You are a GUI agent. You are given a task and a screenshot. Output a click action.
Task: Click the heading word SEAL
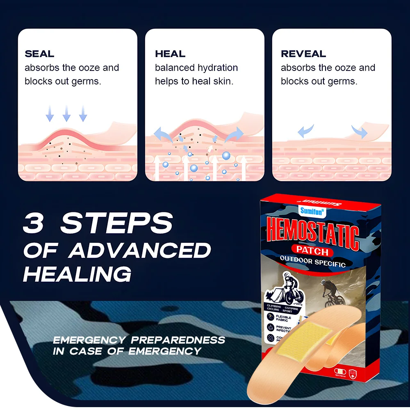pyautogui.click(x=39, y=54)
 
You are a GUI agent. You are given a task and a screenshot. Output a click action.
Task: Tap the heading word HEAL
pyautogui.click(x=170, y=54)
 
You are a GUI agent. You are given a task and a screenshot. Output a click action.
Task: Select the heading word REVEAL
pyautogui.click(x=303, y=54)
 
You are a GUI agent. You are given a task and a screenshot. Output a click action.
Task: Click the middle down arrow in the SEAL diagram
pyautogui.click(x=66, y=113)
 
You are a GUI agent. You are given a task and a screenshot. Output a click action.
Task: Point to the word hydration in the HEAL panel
pyautogui.click(x=218, y=68)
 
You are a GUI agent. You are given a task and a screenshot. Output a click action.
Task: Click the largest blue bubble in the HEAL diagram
pyautogui.click(x=226, y=155)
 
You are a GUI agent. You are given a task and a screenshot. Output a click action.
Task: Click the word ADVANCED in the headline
pyautogui.click(x=139, y=250)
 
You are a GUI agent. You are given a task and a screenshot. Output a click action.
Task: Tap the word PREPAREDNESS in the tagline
pyautogui.click(x=178, y=340)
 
